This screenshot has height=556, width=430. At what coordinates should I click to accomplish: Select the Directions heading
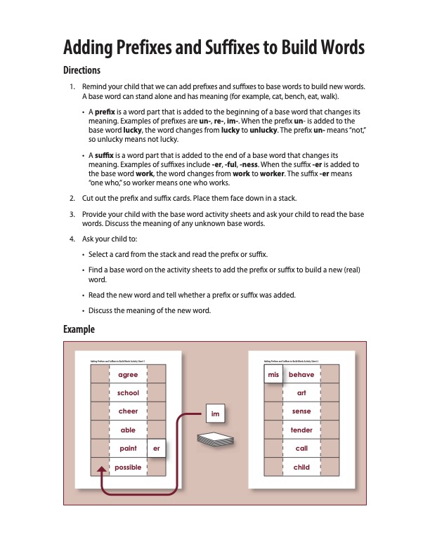click(82, 70)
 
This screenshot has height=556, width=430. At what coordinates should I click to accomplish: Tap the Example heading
click(79, 329)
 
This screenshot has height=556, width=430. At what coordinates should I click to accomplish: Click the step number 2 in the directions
click(72, 199)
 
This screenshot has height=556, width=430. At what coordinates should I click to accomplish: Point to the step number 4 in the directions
click(72, 239)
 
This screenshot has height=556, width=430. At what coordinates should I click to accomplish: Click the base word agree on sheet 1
click(128, 375)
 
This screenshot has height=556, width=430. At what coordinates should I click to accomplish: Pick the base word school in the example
click(128, 393)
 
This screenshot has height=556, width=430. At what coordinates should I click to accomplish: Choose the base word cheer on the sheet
click(128, 411)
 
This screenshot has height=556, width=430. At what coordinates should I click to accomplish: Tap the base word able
click(128, 430)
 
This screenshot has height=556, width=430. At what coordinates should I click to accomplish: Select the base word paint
click(128, 449)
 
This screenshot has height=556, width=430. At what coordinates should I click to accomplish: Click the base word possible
click(128, 467)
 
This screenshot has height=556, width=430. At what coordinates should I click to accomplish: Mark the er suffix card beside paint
click(156, 449)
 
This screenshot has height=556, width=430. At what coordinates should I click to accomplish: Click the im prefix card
click(216, 414)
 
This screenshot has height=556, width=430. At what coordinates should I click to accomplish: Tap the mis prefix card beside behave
click(273, 375)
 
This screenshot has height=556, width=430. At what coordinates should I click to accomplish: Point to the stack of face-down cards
click(214, 439)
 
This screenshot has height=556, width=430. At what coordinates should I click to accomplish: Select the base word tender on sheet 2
click(301, 430)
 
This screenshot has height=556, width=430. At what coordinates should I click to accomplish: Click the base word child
click(301, 467)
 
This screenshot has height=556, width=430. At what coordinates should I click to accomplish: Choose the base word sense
click(301, 411)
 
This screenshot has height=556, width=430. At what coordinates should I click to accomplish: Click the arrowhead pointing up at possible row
click(102, 468)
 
